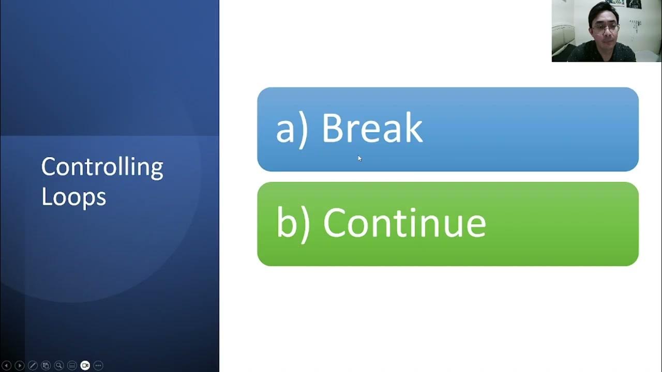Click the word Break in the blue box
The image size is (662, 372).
tap(372, 128)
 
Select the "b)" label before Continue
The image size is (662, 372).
tap(293, 224)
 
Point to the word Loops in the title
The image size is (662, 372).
tap(73, 197)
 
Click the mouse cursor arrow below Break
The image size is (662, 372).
tap(359, 158)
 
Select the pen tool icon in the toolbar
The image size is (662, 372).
tap(33, 365)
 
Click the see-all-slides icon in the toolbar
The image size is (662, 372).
tap(46, 365)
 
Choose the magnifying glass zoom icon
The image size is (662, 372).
tap(59, 365)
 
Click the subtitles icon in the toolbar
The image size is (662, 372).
tap(72, 365)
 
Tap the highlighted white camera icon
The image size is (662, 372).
tap(85, 365)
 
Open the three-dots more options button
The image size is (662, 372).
tap(98, 365)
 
